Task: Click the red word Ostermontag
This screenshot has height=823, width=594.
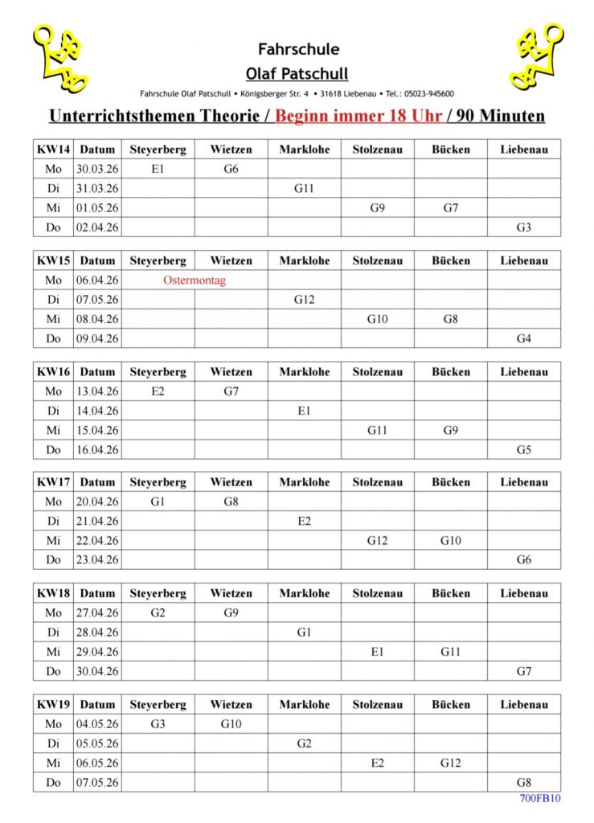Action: (x=194, y=280)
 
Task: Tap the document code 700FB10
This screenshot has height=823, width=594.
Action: (x=540, y=798)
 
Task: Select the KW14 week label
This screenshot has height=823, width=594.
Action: (x=53, y=149)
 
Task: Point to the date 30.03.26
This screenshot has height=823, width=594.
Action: (x=97, y=169)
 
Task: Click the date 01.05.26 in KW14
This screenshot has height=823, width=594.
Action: (x=97, y=208)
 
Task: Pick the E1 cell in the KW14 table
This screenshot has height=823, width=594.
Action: (x=158, y=169)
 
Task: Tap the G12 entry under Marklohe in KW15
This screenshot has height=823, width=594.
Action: (x=304, y=300)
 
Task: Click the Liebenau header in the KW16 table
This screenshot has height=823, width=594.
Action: (x=523, y=372)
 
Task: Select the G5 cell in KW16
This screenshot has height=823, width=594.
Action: (x=523, y=450)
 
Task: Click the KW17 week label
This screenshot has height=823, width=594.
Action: (x=53, y=482)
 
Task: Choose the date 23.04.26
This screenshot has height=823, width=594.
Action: (x=97, y=560)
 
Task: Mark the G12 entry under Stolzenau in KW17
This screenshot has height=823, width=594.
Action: (x=377, y=541)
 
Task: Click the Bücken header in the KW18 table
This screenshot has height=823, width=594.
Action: (x=450, y=593)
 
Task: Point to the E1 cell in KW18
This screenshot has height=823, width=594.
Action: (x=377, y=652)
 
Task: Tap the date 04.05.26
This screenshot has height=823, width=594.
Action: (x=97, y=724)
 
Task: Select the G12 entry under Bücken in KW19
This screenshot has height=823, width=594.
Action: (x=450, y=764)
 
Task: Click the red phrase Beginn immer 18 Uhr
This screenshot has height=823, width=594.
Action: (x=358, y=116)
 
